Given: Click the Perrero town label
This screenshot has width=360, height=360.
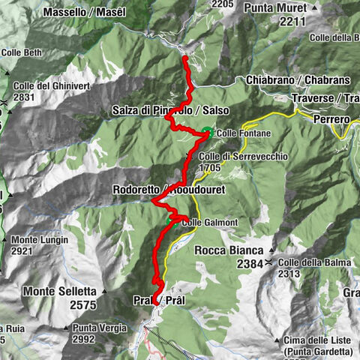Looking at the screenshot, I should coord(328,119).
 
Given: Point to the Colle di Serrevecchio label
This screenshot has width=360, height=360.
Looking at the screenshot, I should coord(238,157).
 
